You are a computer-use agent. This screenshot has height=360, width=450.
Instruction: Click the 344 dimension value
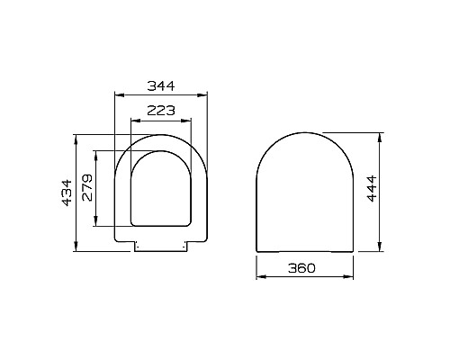point(160,85)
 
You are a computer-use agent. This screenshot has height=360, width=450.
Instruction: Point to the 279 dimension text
point(86,188)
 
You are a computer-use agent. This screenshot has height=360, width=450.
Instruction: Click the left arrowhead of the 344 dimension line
point(118,94)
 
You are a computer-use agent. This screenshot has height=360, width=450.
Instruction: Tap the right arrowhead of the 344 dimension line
point(206,94)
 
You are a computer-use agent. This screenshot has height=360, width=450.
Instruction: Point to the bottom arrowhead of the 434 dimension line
point(77,247)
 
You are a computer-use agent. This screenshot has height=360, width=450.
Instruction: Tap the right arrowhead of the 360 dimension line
point(350,278)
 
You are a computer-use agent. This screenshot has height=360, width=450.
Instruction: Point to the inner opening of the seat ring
point(162,189)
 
